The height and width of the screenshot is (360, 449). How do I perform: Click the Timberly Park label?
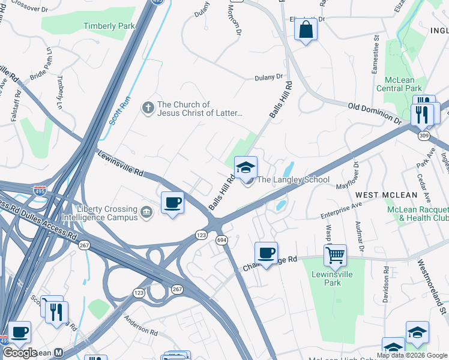(x=109, y=26)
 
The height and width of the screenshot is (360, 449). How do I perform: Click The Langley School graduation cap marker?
(x=246, y=168)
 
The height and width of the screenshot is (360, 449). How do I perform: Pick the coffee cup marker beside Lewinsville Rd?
(x=173, y=203)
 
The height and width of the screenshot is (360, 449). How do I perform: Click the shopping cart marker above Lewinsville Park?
(x=335, y=255)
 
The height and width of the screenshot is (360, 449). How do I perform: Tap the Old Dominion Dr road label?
(x=374, y=113)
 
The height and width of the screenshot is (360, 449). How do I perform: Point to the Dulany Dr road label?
(x=268, y=77)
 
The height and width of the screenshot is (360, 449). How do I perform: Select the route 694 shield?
(x=221, y=239)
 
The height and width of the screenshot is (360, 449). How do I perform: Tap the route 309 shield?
(x=424, y=136)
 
